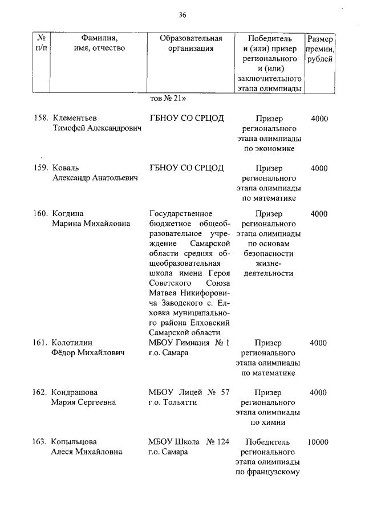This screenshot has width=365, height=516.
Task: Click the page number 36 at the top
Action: [182, 14]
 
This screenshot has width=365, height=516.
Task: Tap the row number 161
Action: [39, 343]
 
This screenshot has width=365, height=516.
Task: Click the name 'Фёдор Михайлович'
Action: [88, 354]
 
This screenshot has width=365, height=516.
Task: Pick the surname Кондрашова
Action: [74, 392]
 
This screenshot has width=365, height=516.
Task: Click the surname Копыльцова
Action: [74, 442]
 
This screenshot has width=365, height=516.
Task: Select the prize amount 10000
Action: [318, 442]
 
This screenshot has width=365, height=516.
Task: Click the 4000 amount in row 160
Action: [319, 214]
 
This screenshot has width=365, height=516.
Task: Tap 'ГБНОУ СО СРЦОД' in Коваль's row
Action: [186, 168]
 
